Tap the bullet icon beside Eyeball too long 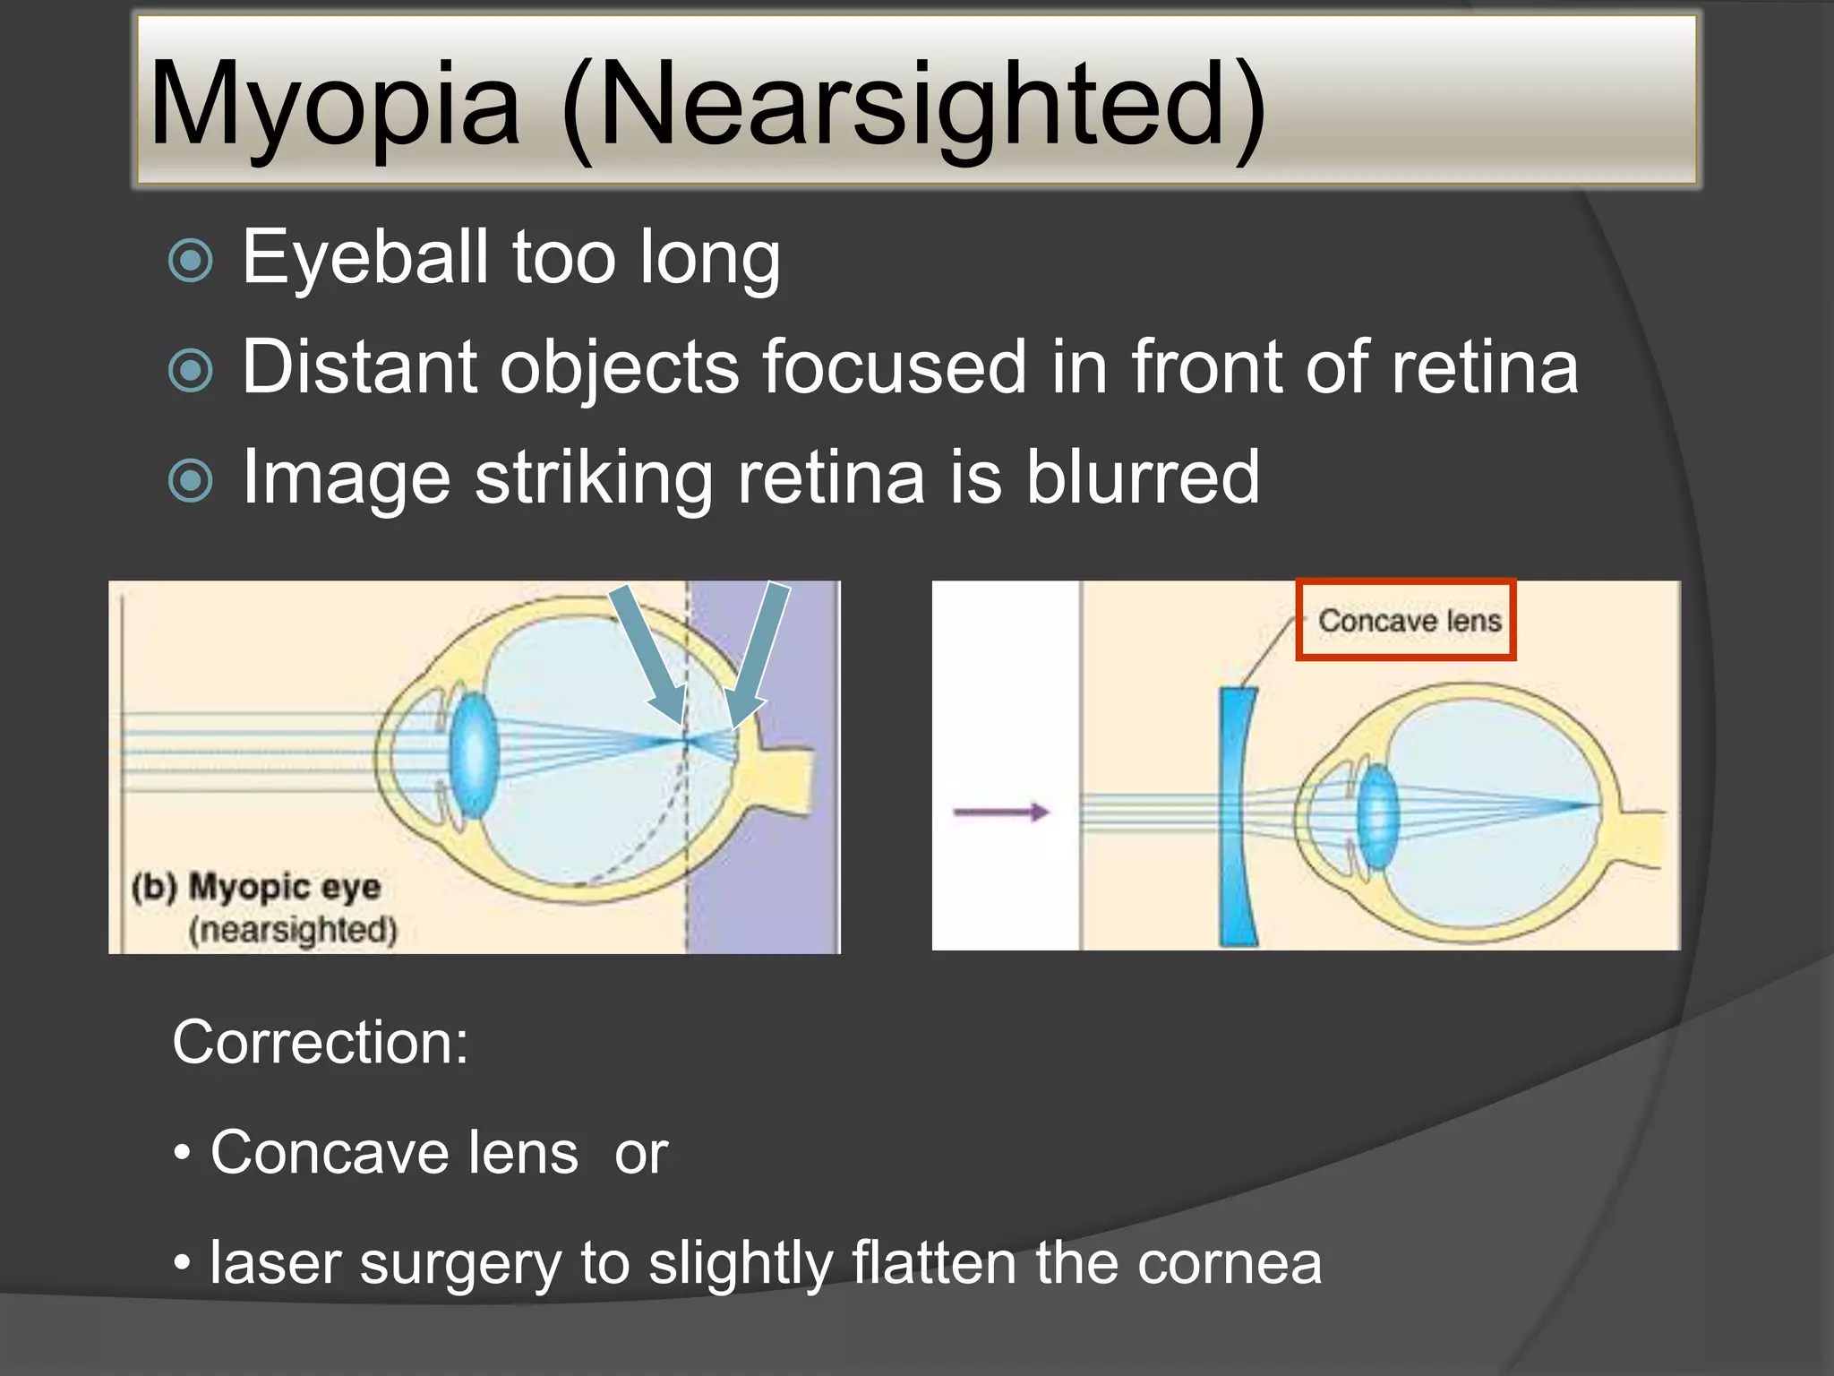point(191,261)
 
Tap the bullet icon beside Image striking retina point(191,481)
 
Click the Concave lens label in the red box point(1409,621)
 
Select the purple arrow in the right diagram point(1000,813)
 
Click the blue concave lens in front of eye point(1237,815)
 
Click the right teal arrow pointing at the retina point(758,654)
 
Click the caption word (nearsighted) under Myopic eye point(293,930)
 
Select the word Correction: point(320,1043)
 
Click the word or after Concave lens point(641,1153)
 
